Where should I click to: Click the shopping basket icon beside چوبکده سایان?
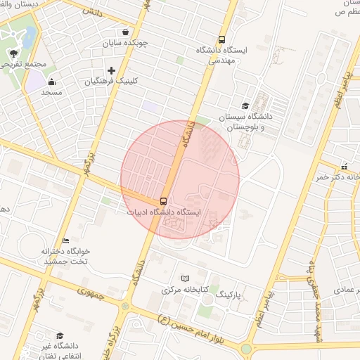coord(125,32)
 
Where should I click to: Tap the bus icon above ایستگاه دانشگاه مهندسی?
coord(222,40)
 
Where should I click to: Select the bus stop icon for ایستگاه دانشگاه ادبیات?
coord(164,200)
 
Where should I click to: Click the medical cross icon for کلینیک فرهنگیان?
coord(111,70)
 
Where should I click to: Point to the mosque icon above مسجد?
coord(51,82)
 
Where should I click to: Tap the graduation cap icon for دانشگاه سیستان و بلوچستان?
coord(245,105)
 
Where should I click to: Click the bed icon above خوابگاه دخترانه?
coord(65,240)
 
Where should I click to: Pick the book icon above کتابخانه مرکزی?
coord(186,278)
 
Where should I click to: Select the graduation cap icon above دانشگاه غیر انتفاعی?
coord(60,335)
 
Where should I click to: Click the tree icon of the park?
coord(13,53)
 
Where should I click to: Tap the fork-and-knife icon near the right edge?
coord(344,167)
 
